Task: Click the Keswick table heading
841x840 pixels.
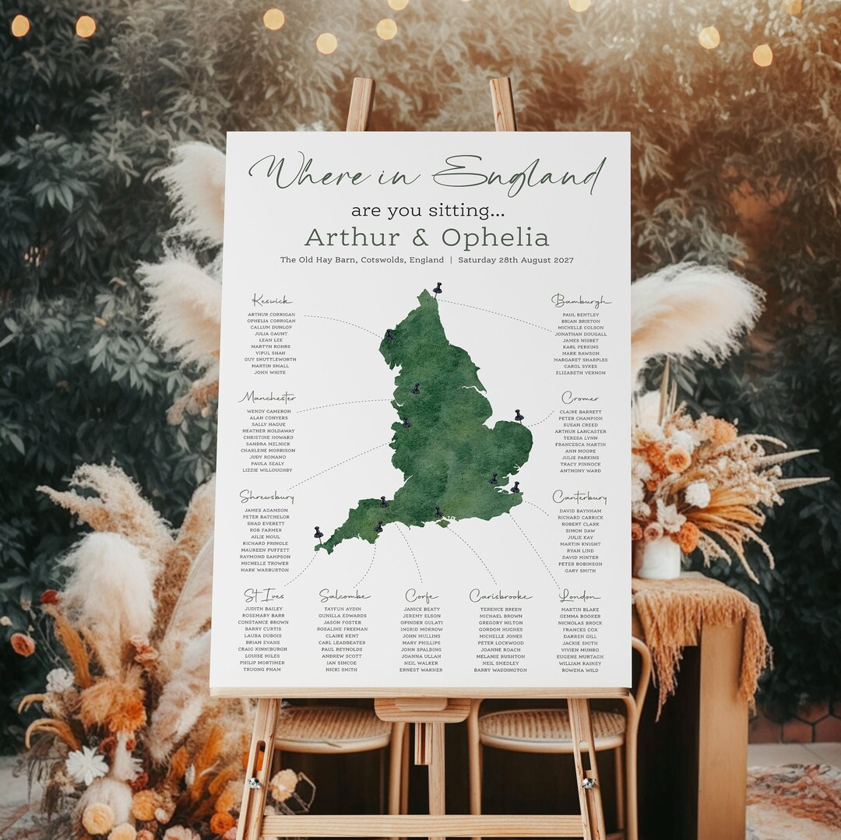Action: click(272, 301)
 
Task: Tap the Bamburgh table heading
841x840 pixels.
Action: click(581, 301)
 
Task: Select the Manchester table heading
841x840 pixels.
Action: click(267, 398)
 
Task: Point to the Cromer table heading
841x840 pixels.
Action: click(580, 399)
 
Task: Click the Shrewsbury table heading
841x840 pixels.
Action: click(266, 496)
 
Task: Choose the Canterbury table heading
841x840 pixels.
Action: click(579, 497)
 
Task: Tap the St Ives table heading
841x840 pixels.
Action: click(264, 596)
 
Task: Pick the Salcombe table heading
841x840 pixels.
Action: click(344, 596)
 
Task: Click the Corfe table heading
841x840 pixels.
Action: click(421, 596)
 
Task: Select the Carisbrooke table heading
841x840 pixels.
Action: click(500, 596)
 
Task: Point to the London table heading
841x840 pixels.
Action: click(579, 596)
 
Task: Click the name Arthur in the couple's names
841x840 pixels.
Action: click(352, 237)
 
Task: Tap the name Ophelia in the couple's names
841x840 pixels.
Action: click(494, 237)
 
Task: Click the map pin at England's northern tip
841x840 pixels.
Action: click(438, 288)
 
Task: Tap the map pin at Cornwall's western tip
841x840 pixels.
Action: click(318, 532)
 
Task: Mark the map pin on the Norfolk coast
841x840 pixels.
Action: click(519, 414)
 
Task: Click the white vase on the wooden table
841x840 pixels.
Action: click(658, 557)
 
